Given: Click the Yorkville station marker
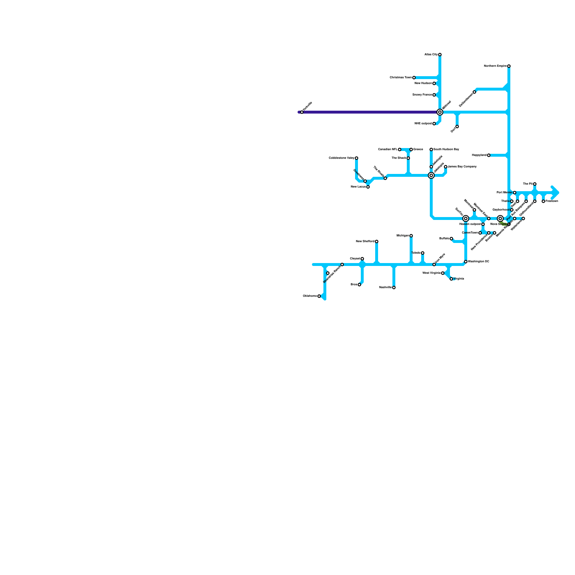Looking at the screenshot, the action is coord(302,112).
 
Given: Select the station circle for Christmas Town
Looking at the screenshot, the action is coord(414,78).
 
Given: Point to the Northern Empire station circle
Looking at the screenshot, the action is coord(509,66).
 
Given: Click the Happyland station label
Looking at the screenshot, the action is coord(479,155).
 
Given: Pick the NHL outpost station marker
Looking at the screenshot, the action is coord(434,124).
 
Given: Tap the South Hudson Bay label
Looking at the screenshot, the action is coord(446,149).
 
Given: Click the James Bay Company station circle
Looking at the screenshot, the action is coord(446,167).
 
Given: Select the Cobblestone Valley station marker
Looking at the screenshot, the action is coord(356,158).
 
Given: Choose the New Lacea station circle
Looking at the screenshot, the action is coord(368,187).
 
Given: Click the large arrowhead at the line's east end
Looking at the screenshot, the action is coord(555,193).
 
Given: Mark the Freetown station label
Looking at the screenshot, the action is coord(552,201).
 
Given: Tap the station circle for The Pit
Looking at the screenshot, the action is coord(535,184).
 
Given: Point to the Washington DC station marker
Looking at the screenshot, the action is coord(466,262).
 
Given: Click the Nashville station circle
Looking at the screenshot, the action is coord(394,287).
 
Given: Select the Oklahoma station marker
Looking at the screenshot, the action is coord(319,296).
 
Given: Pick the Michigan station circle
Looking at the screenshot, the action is coord(411,236).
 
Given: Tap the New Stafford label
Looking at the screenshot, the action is coord(365,241).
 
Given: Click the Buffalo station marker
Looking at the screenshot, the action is coord(451,239).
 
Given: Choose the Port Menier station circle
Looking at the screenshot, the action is coord(515,193).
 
